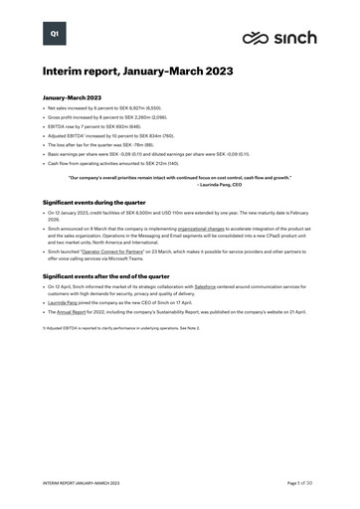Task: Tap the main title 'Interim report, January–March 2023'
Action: pyautogui.click(x=139, y=73)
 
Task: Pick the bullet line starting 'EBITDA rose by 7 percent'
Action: pyautogui.click(x=99, y=130)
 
